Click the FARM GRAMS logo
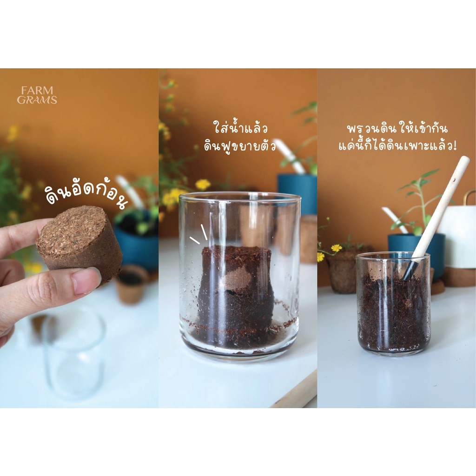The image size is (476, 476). click(37, 95)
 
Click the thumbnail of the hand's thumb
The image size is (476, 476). click(86, 281)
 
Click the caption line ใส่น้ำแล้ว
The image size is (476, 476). click(240, 127)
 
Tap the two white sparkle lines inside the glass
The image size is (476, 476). click(199, 234)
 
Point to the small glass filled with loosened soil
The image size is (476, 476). click(394, 304)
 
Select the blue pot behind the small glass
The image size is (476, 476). click(416, 249)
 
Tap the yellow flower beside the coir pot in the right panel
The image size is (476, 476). click(336, 248)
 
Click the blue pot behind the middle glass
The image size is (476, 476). click(297, 191)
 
